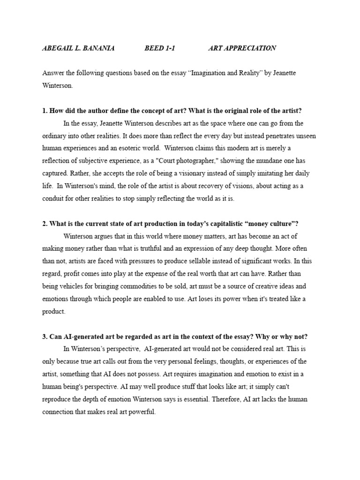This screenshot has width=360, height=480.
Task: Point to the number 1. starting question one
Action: coord(45,111)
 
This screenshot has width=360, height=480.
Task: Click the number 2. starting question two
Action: coord(45,224)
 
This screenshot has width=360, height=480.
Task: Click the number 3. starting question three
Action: coord(45,337)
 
